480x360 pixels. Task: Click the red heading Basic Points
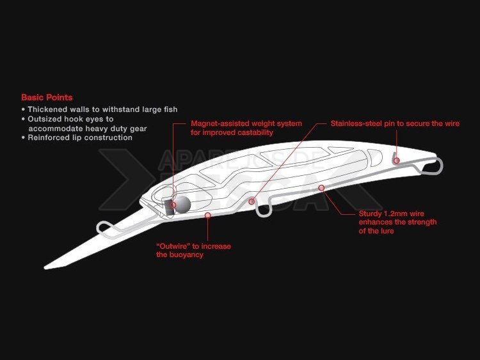(47, 98)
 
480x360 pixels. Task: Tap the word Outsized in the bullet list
(43, 119)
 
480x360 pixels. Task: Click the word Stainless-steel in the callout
(356, 123)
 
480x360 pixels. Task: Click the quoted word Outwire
(173, 246)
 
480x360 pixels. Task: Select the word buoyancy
(187, 254)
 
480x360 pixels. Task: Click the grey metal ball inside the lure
(182, 205)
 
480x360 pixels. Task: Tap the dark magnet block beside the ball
(170, 207)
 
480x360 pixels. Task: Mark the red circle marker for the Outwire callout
(208, 215)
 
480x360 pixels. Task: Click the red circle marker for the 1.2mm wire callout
(321, 188)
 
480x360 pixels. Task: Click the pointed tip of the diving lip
(45, 268)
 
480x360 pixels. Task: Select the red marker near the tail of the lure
(397, 160)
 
